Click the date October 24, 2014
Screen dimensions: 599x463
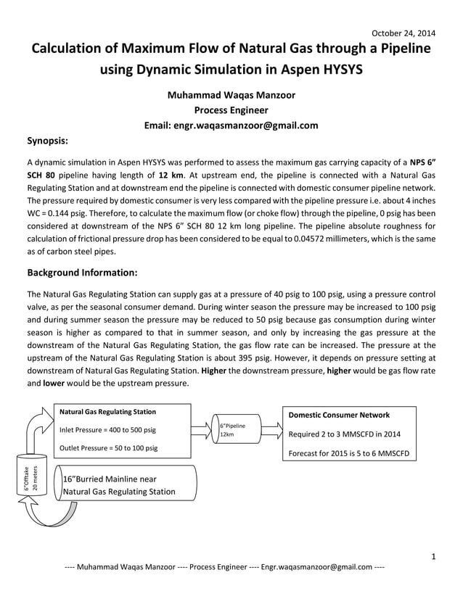pos(403,33)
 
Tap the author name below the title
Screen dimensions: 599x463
pos(231,94)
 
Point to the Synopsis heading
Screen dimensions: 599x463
pos(48,141)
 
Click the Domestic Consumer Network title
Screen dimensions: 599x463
pos(339,415)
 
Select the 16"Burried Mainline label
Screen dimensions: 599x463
pos(120,485)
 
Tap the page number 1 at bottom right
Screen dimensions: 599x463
pos(432,557)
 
